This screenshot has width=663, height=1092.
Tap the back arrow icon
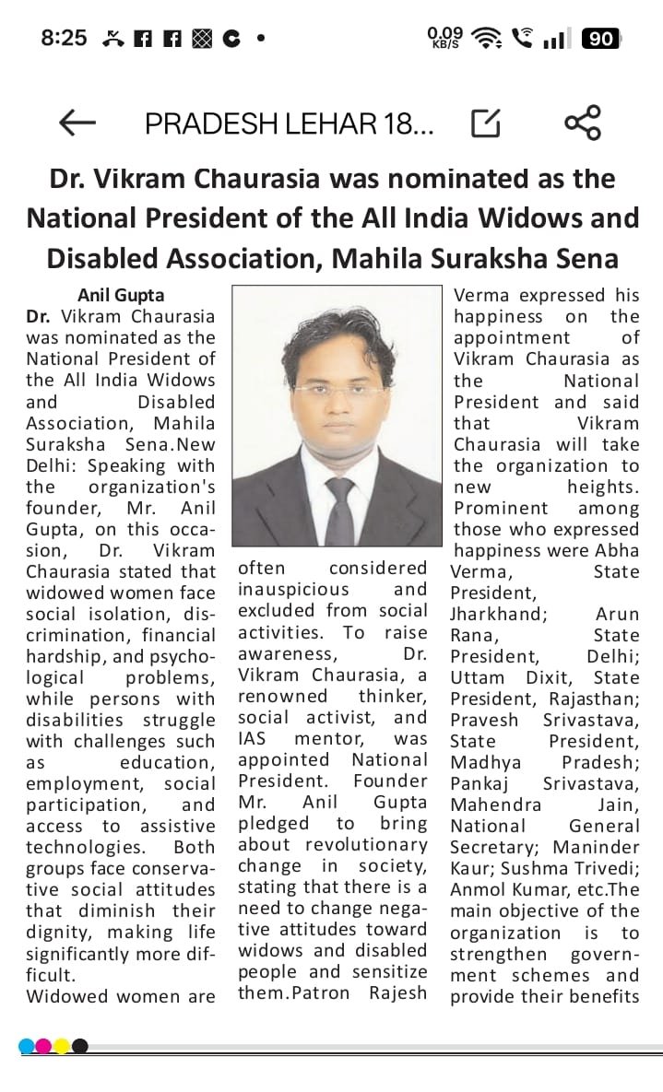click(77, 123)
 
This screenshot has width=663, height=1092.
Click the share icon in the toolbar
click(582, 123)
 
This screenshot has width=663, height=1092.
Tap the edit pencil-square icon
click(486, 123)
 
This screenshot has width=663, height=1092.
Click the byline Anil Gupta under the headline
click(120, 295)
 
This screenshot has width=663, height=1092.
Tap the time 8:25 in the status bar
click(64, 38)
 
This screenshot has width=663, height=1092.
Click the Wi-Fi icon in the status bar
click(485, 38)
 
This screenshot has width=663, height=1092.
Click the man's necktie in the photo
click(339, 510)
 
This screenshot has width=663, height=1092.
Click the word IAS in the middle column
click(254, 738)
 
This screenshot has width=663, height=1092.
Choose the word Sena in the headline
click(592, 258)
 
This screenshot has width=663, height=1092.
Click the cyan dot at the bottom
click(27, 1046)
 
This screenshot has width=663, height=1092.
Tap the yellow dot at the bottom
click(62, 1046)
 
